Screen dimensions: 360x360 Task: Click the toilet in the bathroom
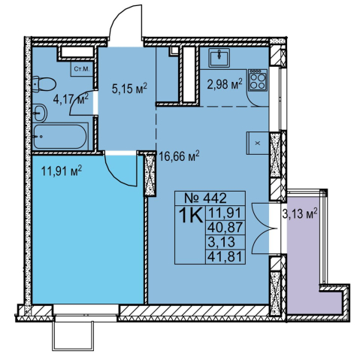[x=44, y=84]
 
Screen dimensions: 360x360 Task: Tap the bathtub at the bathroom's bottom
[x=60, y=137]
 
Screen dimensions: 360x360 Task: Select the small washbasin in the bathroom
[x=40, y=113]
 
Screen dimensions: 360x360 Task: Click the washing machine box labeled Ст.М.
[x=82, y=69]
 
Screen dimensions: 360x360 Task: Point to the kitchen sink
[x=219, y=58]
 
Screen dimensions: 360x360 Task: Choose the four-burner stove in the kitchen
[x=258, y=80]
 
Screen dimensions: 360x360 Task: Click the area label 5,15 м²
[x=129, y=89]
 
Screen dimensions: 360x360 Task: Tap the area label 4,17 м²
[x=71, y=99]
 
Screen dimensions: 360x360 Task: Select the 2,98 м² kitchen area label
[x=225, y=84]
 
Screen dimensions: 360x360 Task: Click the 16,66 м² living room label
[x=180, y=156]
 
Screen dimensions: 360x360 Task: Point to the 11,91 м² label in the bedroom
[x=62, y=171]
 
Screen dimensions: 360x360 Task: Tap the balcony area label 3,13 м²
[x=300, y=214]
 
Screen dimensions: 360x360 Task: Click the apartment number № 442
[x=205, y=198]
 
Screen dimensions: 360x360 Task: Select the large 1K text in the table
[x=190, y=216]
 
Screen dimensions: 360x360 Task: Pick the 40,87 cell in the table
[x=225, y=228]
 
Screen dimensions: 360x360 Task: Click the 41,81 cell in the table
[x=225, y=257]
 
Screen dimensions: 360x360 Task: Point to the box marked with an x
[x=258, y=143]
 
